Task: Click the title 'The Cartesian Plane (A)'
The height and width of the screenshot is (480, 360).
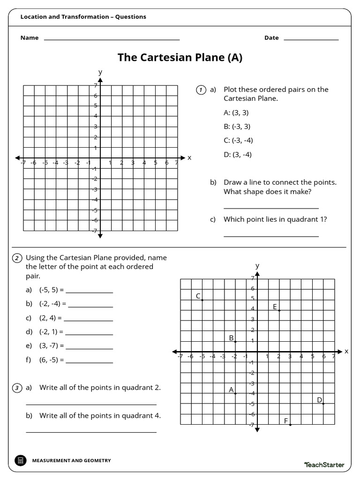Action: coord(180,58)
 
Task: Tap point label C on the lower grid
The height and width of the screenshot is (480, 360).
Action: coord(198,296)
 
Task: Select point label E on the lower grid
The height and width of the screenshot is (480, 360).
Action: coord(275,307)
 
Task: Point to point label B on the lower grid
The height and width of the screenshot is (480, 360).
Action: coord(231,337)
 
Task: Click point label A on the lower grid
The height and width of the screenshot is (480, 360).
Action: coord(231,390)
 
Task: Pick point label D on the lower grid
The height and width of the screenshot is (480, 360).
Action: coord(319,400)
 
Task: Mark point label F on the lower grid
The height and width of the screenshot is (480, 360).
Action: coord(286,421)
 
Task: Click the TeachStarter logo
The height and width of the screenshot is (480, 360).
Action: coord(324,465)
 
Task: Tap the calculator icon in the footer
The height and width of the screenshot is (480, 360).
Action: coord(20,460)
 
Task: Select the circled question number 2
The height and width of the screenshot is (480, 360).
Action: coord(17,258)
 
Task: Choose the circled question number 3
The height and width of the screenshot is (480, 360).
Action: coord(17,388)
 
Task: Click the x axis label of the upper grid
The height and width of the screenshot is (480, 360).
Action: coord(189,158)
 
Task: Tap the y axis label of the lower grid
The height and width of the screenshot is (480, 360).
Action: coord(257,266)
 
